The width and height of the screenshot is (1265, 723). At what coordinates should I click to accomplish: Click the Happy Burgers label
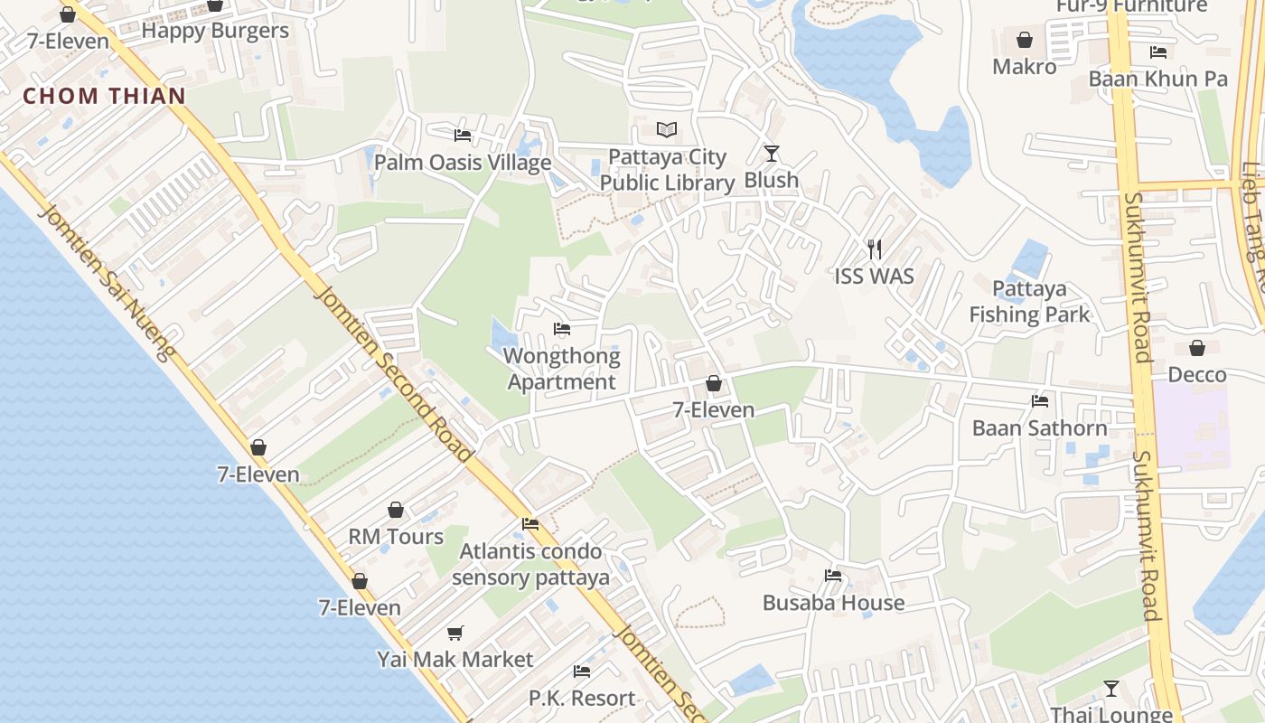point(215,31)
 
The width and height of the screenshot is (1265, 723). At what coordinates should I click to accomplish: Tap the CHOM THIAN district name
point(104,96)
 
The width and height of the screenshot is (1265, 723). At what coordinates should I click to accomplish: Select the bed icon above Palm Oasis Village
point(463,136)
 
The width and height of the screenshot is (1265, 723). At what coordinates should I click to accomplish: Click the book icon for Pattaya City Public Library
point(667,130)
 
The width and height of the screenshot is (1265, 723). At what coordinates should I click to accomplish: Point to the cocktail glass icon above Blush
point(771,153)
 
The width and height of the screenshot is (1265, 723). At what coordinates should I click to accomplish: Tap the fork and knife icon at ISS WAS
point(874,249)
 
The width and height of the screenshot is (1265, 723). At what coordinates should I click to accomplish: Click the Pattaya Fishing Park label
point(1030,302)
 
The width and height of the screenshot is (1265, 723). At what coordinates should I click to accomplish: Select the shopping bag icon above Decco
point(1197,348)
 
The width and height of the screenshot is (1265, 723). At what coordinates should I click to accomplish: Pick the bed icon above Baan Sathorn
point(1040,401)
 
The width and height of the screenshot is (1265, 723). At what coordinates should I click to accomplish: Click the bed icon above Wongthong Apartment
point(562,329)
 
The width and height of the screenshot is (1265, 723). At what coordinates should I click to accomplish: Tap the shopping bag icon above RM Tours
point(396,510)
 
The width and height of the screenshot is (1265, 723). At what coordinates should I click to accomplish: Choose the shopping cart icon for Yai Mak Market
point(455,633)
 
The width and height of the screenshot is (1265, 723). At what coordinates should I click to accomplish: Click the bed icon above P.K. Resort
point(582,671)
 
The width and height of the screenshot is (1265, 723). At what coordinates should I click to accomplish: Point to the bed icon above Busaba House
point(833,576)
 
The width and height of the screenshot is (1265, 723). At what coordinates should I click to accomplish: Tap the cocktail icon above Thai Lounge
point(1111,689)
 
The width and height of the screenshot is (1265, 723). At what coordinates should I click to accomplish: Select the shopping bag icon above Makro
point(1025,40)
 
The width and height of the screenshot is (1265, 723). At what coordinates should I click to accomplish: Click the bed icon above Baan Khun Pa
point(1158,52)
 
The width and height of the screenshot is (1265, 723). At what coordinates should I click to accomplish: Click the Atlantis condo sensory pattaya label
point(530,564)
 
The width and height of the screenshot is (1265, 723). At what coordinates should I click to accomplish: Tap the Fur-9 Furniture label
point(1132,6)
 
